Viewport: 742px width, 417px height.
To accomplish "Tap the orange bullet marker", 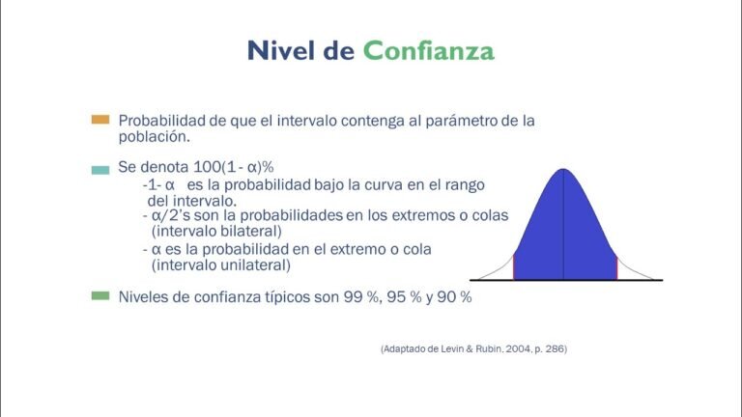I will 100,121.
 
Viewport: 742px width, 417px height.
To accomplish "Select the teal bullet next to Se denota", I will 100,169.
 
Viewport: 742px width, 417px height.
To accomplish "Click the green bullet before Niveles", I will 100,296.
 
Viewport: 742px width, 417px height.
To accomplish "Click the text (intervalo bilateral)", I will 215,232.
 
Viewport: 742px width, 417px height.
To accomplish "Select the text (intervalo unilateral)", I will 220,264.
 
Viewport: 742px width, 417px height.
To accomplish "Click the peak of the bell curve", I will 564,172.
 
